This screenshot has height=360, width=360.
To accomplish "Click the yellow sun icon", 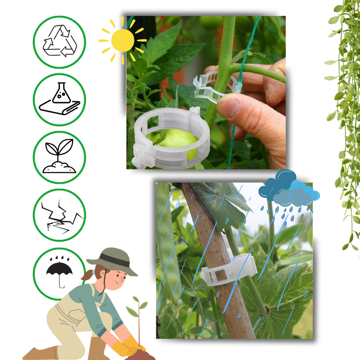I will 121,40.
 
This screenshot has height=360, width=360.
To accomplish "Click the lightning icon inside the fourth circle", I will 59,216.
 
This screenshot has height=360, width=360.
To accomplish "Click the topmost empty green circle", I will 59,42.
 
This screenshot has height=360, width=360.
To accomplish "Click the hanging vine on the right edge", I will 344,112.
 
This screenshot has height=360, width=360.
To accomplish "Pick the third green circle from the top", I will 59,157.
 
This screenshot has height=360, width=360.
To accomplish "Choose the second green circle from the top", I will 59,99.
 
